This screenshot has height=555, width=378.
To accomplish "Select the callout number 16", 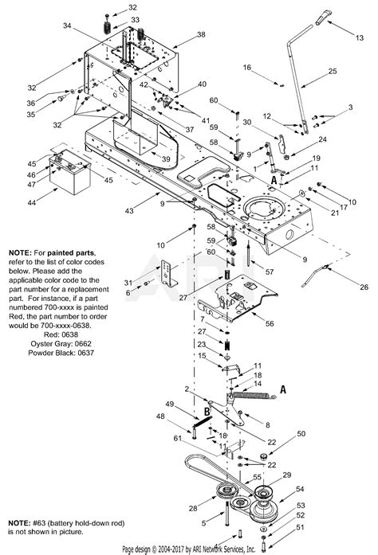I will click(x=247, y=69).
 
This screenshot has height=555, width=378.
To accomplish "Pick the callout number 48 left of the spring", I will click(x=159, y=416).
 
